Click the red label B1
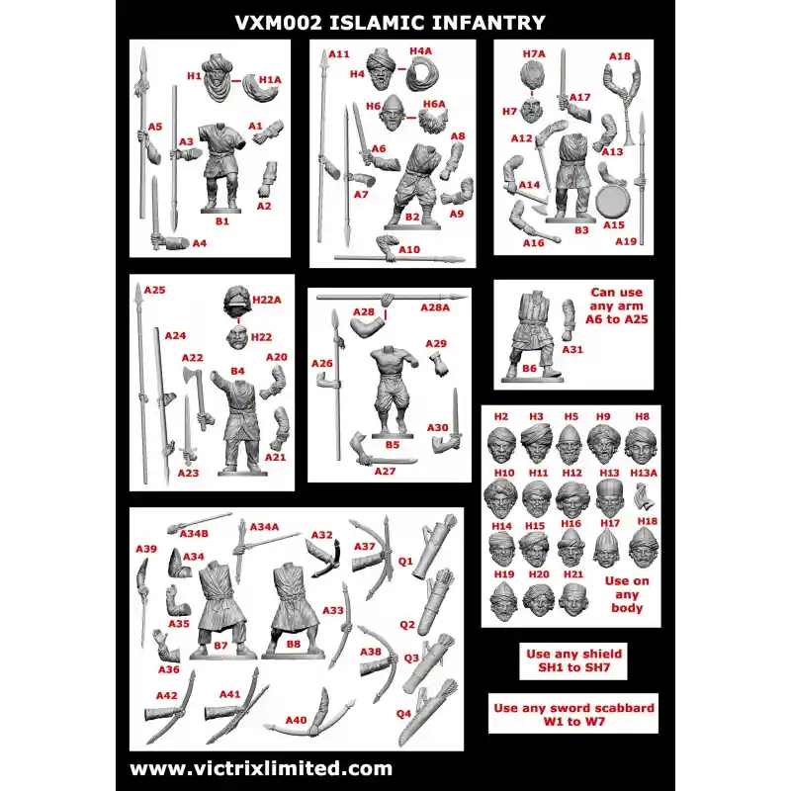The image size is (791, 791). [x=221, y=220]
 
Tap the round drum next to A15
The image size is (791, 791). [x=612, y=201]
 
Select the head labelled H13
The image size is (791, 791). [x=610, y=497]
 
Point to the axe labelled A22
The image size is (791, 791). [x=197, y=397]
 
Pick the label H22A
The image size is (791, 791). [x=266, y=301]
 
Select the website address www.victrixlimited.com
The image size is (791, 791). [x=261, y=768]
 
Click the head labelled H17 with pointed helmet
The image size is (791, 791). [x=607, y=549]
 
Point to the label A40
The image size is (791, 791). [x=296, y=720]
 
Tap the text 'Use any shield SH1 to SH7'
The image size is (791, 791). [x=573, y=660]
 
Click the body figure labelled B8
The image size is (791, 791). [x=294, y=610]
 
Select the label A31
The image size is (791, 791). [x=572, y=349]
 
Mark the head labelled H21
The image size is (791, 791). [x=573, y=600]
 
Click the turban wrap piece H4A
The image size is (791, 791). [x=422, y=74]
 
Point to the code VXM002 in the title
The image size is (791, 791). [x=279, y=23]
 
